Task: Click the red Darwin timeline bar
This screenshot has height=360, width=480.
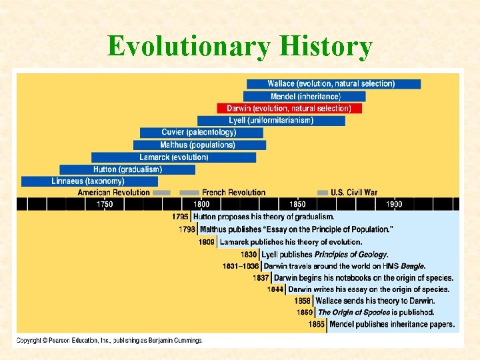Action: (x=289, y=108)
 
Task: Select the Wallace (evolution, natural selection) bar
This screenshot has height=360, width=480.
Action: (x=333, y=84)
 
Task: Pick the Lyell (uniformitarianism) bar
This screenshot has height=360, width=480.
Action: (x=280, y=121)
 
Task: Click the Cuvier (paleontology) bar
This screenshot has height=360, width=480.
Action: (x=201, y=133)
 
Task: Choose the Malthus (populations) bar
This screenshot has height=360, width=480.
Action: (x=198, y=145)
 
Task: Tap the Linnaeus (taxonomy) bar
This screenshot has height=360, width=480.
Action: (x=89, y=181)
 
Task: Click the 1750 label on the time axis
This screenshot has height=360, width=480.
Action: (x=105, y=204)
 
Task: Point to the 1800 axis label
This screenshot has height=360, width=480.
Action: (x=201, y=204)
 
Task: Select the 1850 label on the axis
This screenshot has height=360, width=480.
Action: (x=297, y=204)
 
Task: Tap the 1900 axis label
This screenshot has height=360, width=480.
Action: (x=394, y=204)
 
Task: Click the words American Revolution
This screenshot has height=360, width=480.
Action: (x=114, y=193)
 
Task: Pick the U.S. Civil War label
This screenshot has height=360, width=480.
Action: (x=354, y=193)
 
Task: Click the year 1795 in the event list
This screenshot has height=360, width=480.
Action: (x=180, y=217)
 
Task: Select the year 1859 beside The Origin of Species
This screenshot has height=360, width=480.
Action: (x=305, y=312)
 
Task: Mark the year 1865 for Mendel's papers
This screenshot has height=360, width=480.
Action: (x=317, y=325)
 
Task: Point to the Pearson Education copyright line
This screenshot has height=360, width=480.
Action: (x=109, y=340)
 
